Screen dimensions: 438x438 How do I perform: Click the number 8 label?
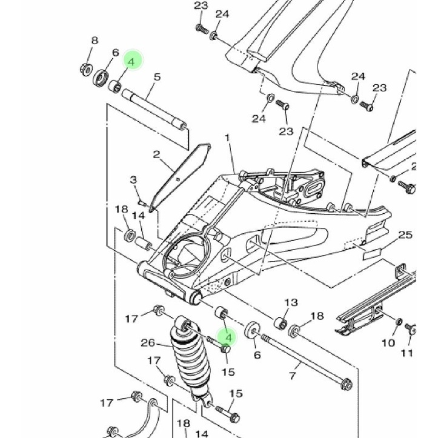[x=95, y=41]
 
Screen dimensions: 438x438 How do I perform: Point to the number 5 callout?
[x=157, y=77]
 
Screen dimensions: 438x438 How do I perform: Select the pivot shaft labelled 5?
[x=154, y=108]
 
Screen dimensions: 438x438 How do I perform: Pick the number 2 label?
[x=156, y=154]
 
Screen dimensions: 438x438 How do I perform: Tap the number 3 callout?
[x=134, y=180]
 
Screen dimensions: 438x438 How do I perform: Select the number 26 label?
[x=148, y=343]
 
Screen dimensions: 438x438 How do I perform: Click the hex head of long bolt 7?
[x=347, y=384]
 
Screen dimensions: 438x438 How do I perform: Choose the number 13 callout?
[x=291, y=302]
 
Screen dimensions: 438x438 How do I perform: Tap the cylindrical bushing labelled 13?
[x=280, y=322]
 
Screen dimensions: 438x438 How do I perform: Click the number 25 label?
[x=405, y=234]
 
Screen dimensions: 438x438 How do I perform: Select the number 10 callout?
[x=388, y=343]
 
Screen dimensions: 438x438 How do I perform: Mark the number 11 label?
[x=406, y=353]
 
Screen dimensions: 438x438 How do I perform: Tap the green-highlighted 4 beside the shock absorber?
[x=228, y=336]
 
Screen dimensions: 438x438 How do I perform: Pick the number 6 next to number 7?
[x=257, y=355]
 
